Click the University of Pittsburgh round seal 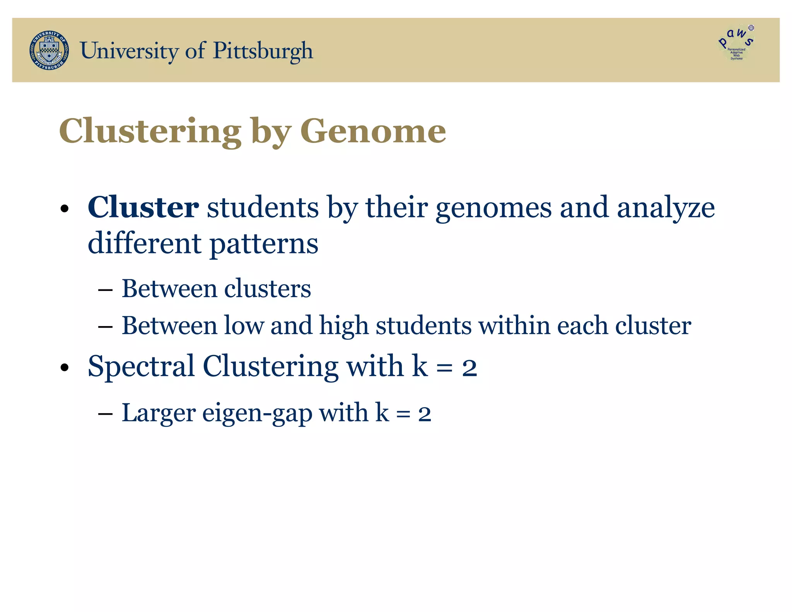point(49,50)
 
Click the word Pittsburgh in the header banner point(263,51)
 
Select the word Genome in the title point(373,131)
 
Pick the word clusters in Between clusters point(267,289)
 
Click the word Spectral point(141,366)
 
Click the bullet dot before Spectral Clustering point(65,368)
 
